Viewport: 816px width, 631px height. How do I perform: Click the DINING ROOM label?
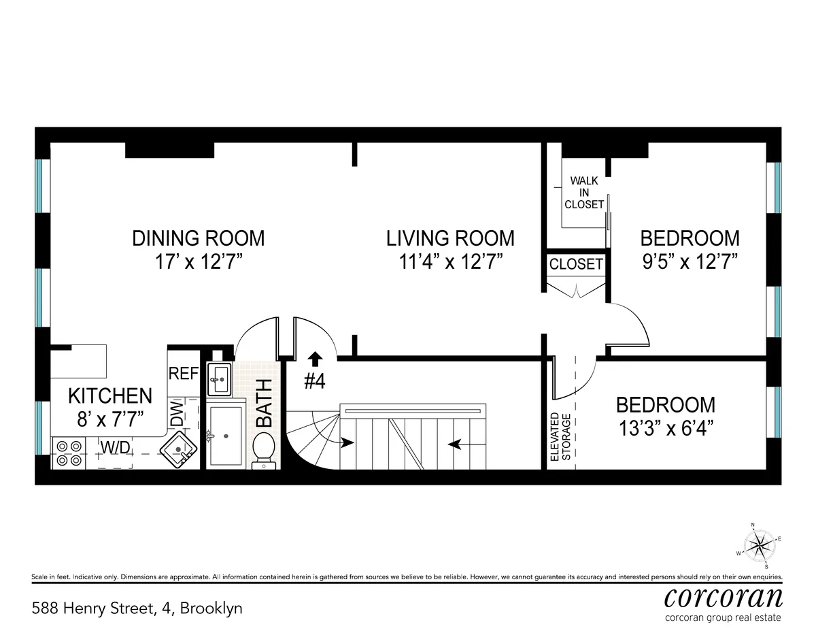pyautogui.click(x=198, y=238)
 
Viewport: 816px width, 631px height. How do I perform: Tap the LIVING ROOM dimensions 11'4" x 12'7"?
pyautogui.click(x=450, y=261)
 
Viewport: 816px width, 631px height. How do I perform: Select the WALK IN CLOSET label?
pyautogui.click(x=587, y=193)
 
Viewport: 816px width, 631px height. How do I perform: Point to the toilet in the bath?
pyautogui.click(x=263, y=451)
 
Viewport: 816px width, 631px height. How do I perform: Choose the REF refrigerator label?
pyautogui.click(x=183, y=374)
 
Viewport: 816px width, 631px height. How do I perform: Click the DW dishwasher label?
pyautogui.click(x=177, y=413)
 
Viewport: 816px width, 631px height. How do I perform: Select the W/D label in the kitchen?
pyautogui.click(x=116, y=447)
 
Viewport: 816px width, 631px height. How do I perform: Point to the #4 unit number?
pyautogui.click(x=314, y=381)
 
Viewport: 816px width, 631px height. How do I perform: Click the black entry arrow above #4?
pyautogui.click(x=314, y=358)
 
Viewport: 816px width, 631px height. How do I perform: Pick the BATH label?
pyautogui.click(x=263, y=403)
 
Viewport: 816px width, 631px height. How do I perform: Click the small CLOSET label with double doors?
pyautogui.click(x=576, y=264)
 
